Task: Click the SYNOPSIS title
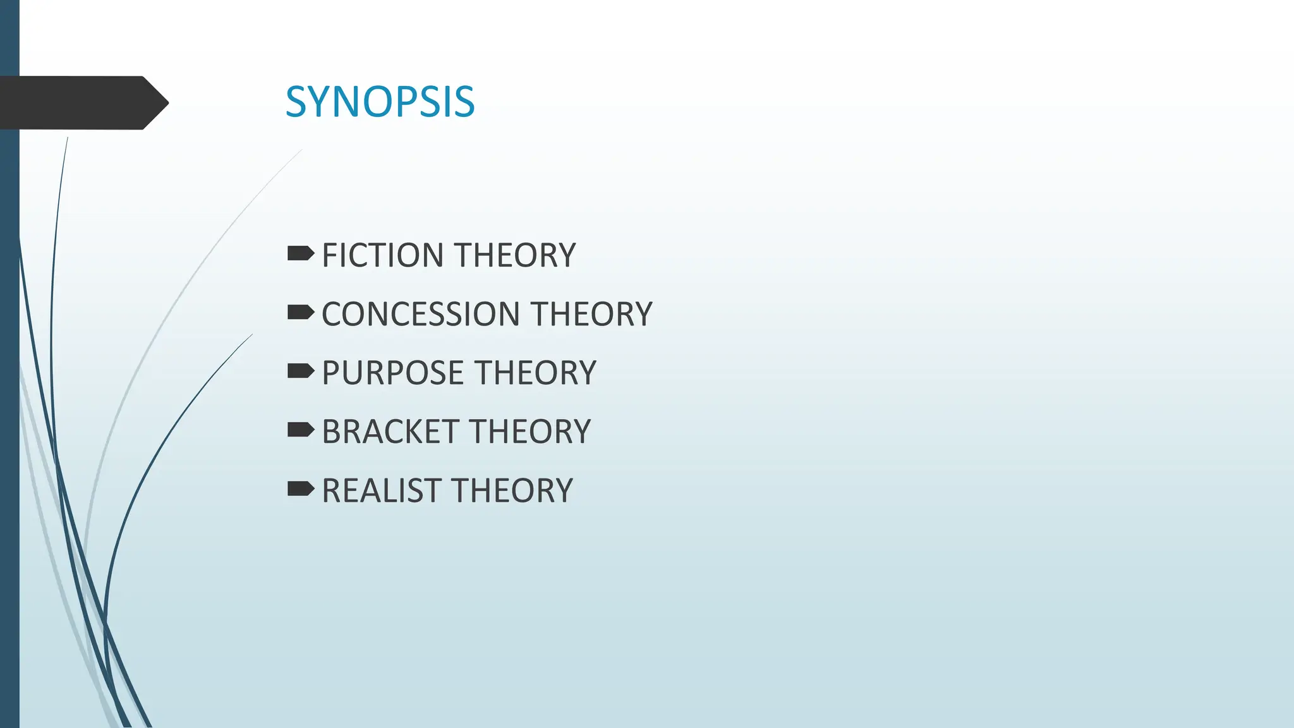point(380,102)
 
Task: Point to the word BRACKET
point(390,432)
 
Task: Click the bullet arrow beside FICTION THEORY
point(300,254)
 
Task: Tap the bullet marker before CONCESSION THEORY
point(300,312)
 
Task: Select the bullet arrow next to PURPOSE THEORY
point(300,371)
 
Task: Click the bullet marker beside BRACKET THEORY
point(300,430)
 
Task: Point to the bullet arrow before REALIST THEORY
point(300,488)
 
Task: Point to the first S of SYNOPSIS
point(297,102)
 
